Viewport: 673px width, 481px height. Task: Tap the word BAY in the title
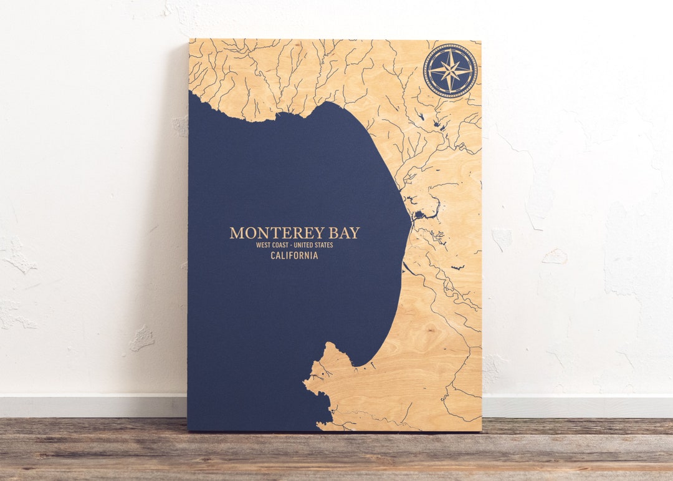[344, 233]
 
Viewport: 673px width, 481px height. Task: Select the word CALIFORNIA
[294, 256]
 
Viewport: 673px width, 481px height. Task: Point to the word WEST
[264, 245]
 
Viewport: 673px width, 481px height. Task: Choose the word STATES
[325, 245]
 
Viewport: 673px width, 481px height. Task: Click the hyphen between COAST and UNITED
[295, 245]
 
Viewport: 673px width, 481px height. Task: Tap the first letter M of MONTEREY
[236, 233]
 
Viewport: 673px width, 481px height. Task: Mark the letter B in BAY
[333, 233]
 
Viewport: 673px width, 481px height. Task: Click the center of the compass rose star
[450, 70]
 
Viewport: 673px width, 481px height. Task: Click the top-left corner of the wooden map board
[189, 40]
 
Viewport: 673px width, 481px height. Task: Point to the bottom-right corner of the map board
[481, 430]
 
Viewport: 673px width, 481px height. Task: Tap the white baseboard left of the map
[93, 406]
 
